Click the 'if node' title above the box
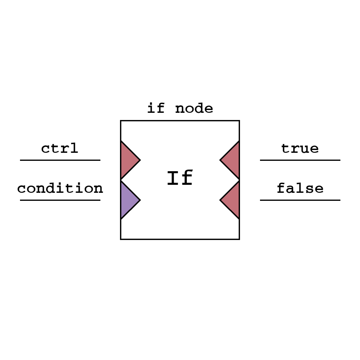180,108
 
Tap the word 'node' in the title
194,108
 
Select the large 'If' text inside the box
180,178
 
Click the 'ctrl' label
60,148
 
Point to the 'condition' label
60,188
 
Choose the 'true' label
300,148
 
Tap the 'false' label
300,188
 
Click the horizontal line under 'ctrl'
60,160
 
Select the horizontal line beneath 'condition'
60,200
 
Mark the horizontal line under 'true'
300,160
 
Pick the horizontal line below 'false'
300,200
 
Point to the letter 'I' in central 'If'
172,178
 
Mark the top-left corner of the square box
121,121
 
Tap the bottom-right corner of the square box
239,239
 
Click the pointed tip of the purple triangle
139,200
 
